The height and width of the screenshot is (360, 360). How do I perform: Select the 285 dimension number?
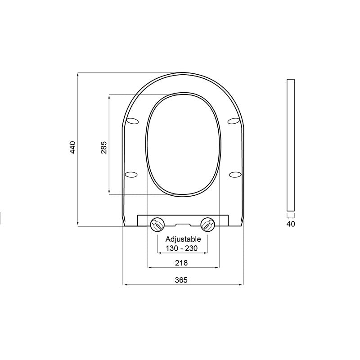click(103, 148)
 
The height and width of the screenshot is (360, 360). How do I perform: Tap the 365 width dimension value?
click(181, 279)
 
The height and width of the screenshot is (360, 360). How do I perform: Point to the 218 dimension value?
click(182, 263)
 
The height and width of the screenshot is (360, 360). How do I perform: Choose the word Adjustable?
click(183, 239)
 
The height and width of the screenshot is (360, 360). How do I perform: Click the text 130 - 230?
click(183, 247)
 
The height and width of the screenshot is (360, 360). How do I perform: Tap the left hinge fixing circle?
click(157, 223)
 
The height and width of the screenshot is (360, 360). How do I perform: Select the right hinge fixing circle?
click(207, 223)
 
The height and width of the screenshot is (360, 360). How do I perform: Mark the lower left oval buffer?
click(131, 174)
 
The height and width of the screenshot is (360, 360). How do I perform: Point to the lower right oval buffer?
click(235, 174)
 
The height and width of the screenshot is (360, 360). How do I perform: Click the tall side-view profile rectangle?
click(290, 145)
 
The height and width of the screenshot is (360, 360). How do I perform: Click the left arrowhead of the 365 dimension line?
click(125, 285)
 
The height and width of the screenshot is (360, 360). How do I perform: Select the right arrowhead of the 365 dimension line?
click(242, 285)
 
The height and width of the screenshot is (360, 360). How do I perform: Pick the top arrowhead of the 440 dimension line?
click(78, 74)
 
